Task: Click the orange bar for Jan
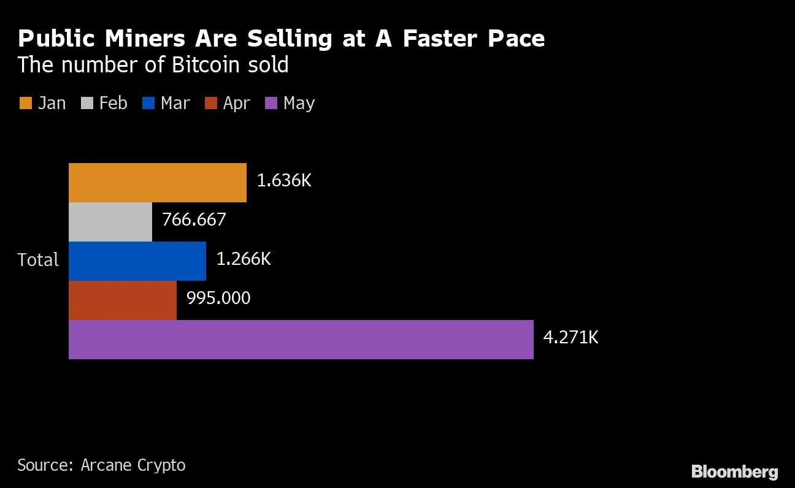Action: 157,183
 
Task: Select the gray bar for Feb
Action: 110,222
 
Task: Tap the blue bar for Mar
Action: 137,261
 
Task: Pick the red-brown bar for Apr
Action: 123,300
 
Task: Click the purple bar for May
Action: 301,340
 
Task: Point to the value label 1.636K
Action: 284,181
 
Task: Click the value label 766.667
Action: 194,219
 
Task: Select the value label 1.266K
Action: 244,259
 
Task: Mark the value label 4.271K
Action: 570,337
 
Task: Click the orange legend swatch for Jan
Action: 25,103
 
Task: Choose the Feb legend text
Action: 113,103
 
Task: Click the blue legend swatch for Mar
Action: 148,103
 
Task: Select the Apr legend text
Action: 236,103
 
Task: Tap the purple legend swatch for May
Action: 271,103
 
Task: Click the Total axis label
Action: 38,260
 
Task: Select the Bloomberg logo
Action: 734,471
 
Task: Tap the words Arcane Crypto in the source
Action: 133,465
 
